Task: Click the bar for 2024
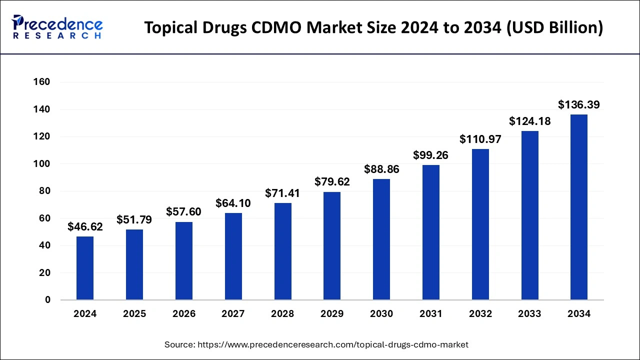click(85, 268)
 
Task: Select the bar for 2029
click(332, 246)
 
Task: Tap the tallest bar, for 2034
click(579, 207)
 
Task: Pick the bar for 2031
click(431, 232)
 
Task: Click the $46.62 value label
click(85, 227)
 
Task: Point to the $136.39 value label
click(579, 105)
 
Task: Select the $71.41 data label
click(282, 193)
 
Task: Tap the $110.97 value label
click(480, 139)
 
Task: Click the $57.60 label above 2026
click(183, 212)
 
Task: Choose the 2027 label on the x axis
click(233, 314)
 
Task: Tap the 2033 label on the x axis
click(529, 314)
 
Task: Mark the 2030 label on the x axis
click(381, 314)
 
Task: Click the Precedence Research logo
click(57, 27)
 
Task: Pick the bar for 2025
click(134, 264)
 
